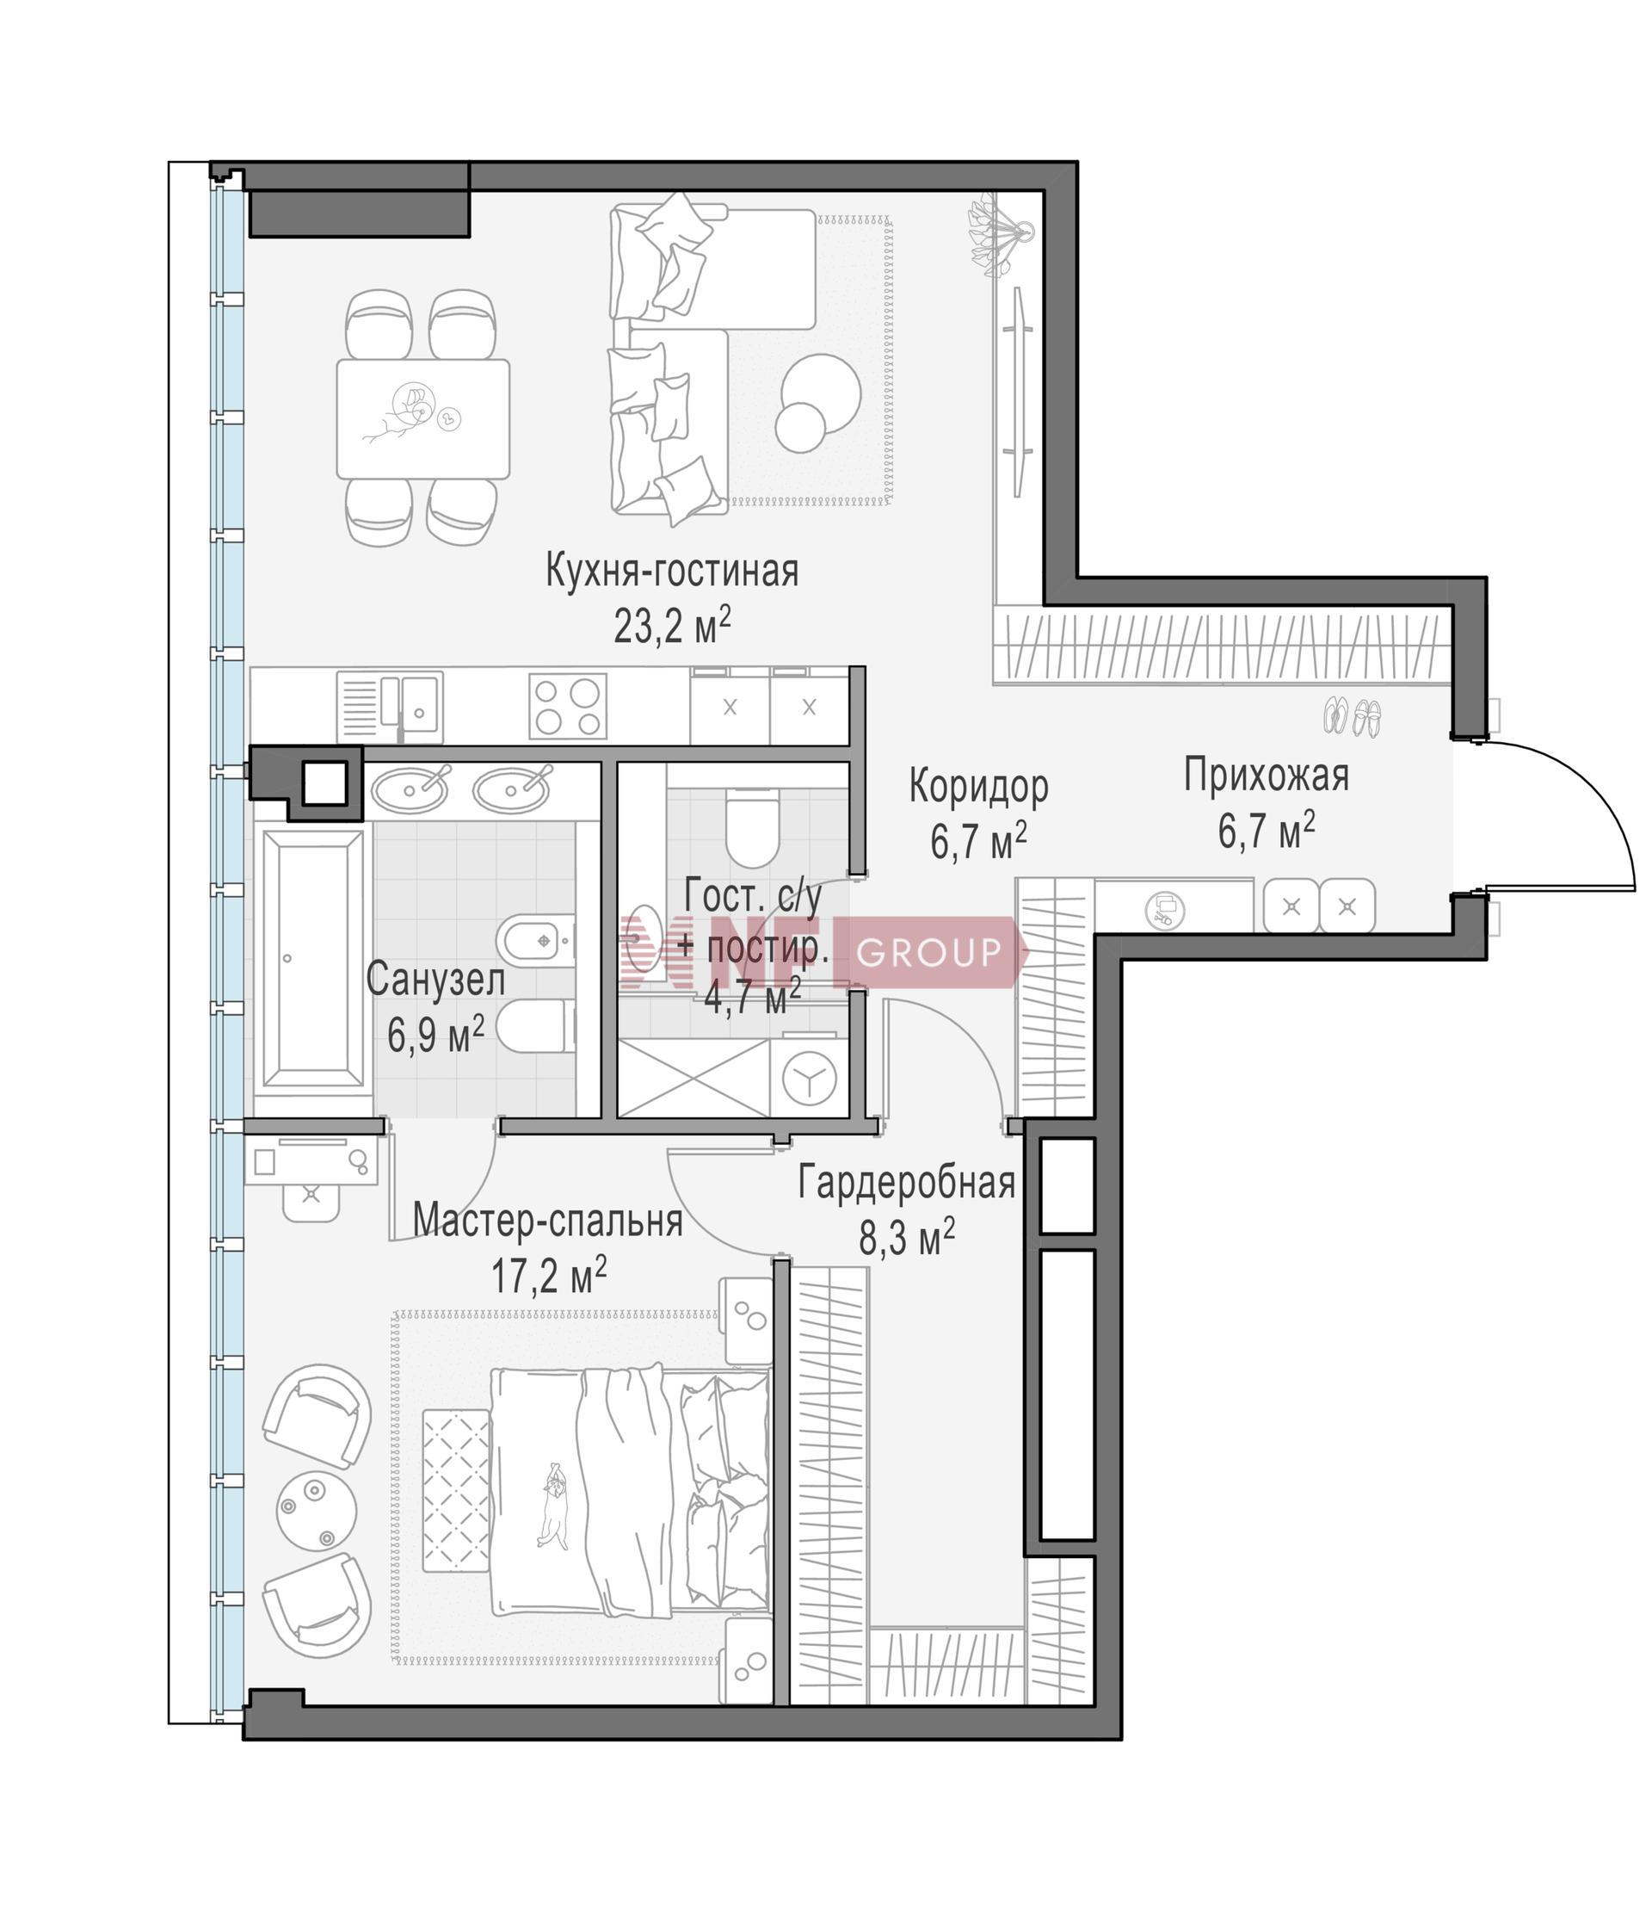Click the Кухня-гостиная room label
[x=672, y=571]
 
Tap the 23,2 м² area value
[x=672, y=626]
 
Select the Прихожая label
[x=1266, y=776]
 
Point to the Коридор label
[x=979, y=787]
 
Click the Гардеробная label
[x=907, y=1182]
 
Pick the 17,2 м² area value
[x=549, y=1275]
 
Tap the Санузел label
[x=435, y=980]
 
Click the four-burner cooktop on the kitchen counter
[x=568, y=707]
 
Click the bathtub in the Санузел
[x=312, y=959]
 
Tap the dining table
[x=423, y=419]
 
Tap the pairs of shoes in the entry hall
[x=1353, y=716]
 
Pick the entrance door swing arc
[x=1593, y=793]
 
